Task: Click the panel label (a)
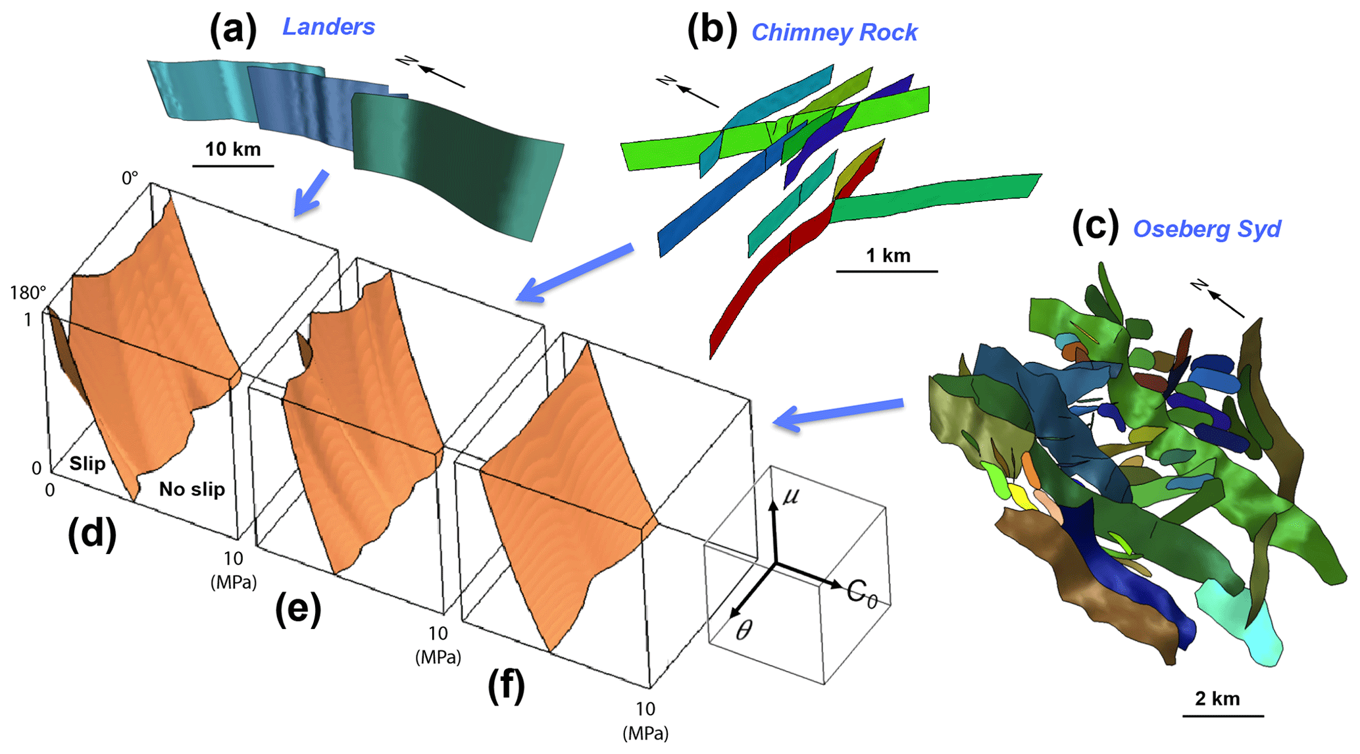coord(232,30)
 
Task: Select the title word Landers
coord(328,27)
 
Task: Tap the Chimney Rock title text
coord(834,32)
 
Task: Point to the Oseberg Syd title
coord(1207,229)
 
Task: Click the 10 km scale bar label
coord(233,149)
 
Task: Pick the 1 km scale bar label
coord(888,255)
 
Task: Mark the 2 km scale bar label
coord(1217,699)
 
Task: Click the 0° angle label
coord(130,178)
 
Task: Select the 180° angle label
coord(28,293)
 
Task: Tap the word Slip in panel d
coord(88,464)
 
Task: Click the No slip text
coord(191,489)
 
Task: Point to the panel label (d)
coord(92,533)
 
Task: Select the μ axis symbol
coord(790,495)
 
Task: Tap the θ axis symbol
coord(743,631)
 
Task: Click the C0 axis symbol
coord(862,593)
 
